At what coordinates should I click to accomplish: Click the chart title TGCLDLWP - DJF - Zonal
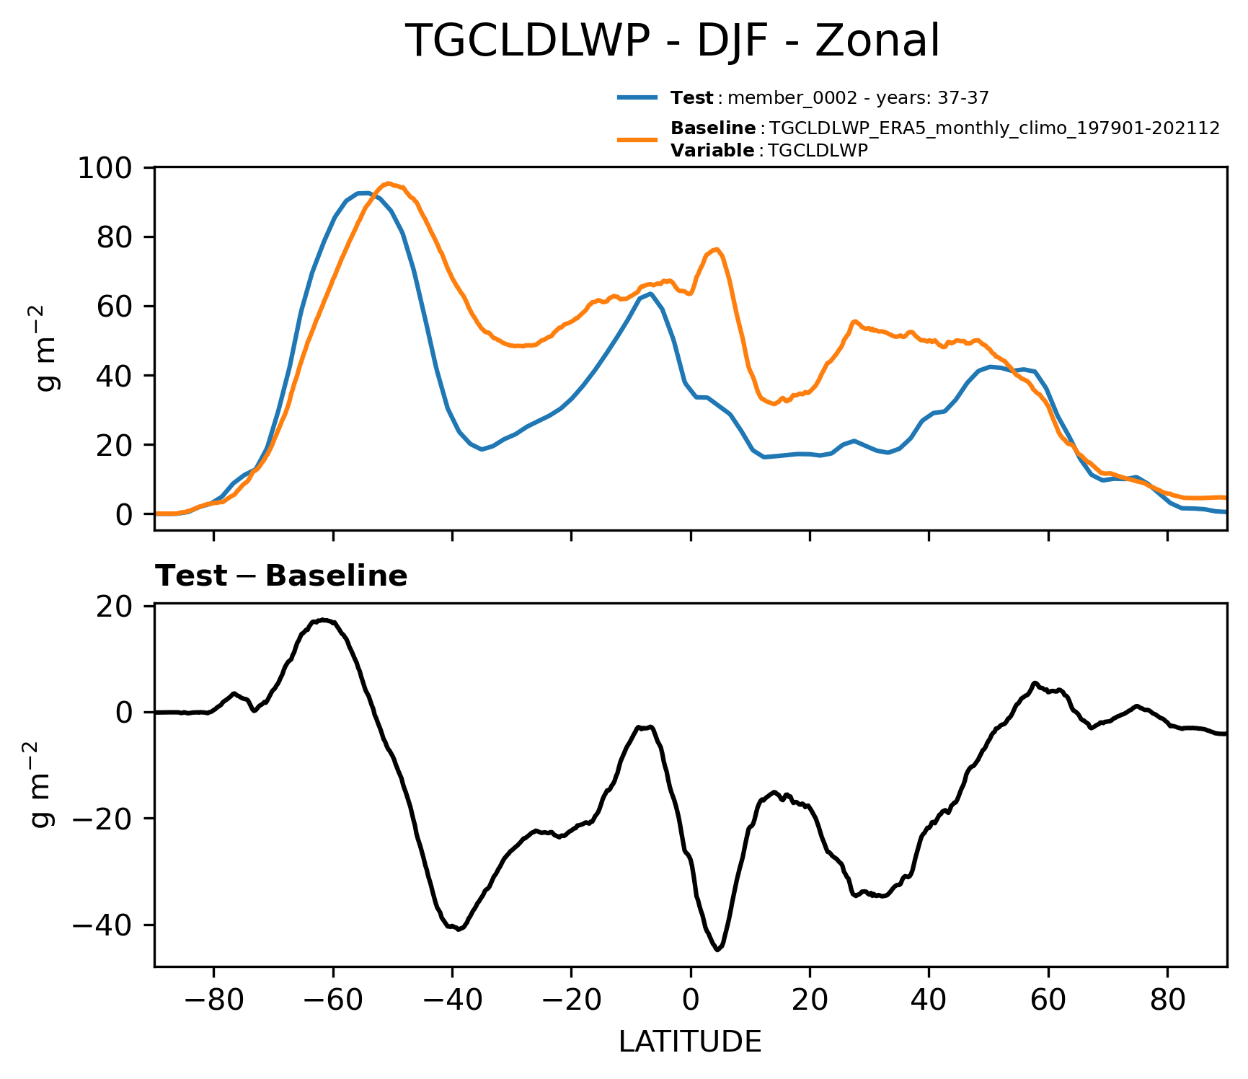673,41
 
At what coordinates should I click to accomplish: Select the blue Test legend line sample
637,97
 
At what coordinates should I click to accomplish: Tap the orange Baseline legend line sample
637,139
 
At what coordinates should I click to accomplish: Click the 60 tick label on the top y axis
115,307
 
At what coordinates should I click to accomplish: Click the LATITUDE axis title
690,1042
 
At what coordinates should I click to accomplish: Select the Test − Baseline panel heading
281,576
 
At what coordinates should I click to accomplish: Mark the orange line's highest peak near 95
388,183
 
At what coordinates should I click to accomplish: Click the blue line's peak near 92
365,193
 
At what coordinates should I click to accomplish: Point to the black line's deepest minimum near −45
717,949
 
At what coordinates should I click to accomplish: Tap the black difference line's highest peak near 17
324,620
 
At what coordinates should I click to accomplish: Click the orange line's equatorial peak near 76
715,250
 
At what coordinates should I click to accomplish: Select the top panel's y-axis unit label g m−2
49,348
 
